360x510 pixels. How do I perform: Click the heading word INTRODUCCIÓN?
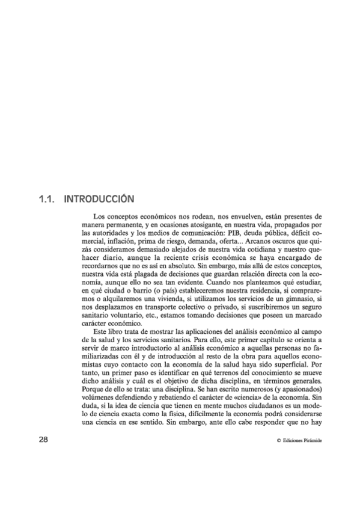(99, 198)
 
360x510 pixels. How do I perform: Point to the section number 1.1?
(46, 198)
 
